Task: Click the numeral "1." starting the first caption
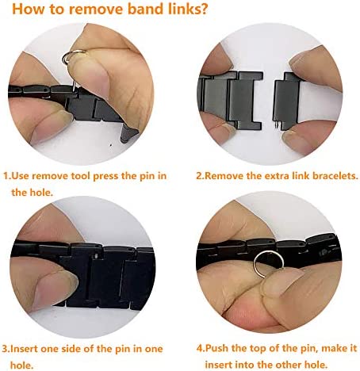tap(8, 176)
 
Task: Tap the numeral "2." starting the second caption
tap(201, 176)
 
